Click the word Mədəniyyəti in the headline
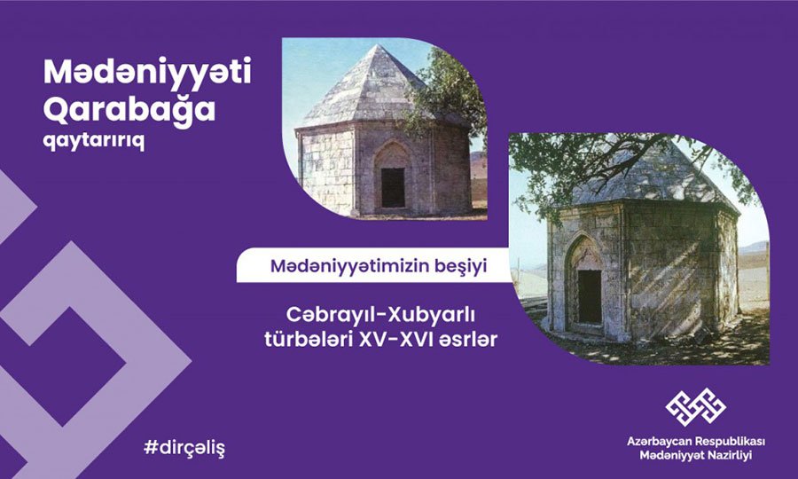pyautogui.click(x=147, y=72)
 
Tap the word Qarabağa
pyautogui.click(x=129, y=109)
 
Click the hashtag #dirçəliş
pyautogui.click(x=184, y=447)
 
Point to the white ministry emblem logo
pyautogui.click(x=696, y=407)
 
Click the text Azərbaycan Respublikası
pyautogui.click(x=696, y=441)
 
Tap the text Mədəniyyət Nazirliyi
pyautogui.click(x=696, y=456)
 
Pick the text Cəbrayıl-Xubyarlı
pyautogui.click(x=380, y=315)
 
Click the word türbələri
pyautogui.click(x=309, y=339)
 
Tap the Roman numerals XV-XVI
pyautogui.click(x=397, y=340)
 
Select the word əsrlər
pyautogui.click(x=469, y=340)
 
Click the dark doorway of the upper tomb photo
pyautogui.click(x=393, y=187)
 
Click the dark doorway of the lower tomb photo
pyautogui.click(x=590, y=296)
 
